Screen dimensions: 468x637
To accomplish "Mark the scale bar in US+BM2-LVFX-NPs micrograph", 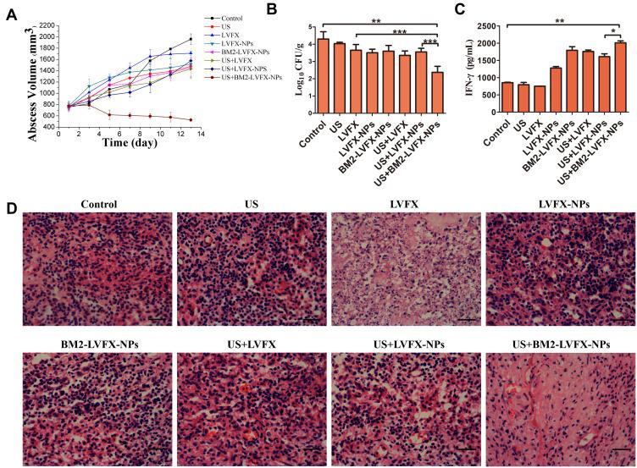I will [x=620, y=449].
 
